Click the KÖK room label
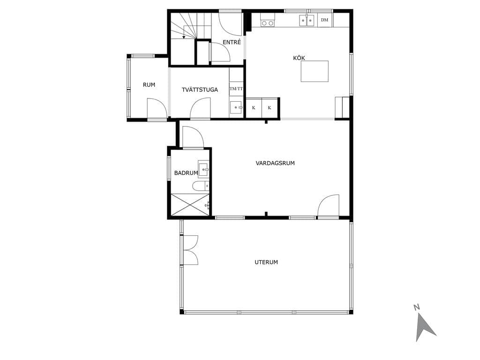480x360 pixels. tap(299, 58)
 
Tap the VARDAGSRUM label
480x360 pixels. tap(275, 163)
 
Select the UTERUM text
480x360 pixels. tap(266, 262)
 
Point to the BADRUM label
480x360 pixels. tap(186, 173)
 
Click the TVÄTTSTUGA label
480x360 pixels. tap(200, 90)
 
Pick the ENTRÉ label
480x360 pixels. tap(232, 42)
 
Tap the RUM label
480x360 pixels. tap(149, 85)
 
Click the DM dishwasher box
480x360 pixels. tap(325, 20)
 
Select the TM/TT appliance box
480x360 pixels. tap(236, 89)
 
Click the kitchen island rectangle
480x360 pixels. tap(315, 71)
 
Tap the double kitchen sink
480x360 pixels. tap(307, 21)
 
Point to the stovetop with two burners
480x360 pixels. tap(268, 22)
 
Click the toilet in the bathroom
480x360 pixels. tap(201, 186)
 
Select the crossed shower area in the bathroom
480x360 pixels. tap(190, 204)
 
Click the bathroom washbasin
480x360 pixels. tap(203, 169)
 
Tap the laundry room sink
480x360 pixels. tap(236, 107)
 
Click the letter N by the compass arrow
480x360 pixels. tap(416, 307)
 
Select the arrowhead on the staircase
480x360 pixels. tap(183, 37)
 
